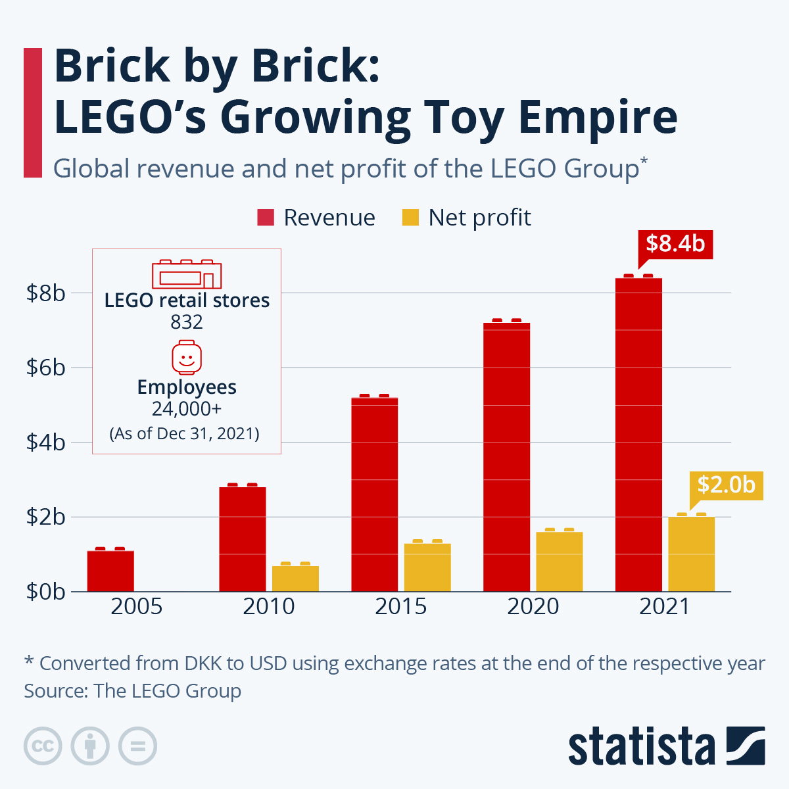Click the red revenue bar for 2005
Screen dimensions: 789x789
(x=110, y=571)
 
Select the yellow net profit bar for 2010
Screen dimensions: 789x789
(x=295, y=579)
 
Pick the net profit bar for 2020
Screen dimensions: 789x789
(x=560, y=562)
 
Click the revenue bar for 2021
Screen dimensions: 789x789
(x=638, y=434)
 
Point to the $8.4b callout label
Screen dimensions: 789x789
(x=675, y=243)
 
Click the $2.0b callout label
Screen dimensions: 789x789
(x=726, y=485)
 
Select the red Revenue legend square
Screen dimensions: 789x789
(x=265, y=218)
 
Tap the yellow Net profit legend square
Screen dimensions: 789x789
(x=410, y=218)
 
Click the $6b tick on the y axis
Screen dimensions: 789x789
(x=46, y=368)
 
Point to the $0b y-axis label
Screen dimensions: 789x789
(x=46, y=591)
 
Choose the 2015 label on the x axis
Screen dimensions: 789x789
(x=400, y=606)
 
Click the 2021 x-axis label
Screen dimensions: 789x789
(x=665, y=606)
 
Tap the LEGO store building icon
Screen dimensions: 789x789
(x=187, y=274)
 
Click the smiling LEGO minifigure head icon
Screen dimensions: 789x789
(x=187, y=358)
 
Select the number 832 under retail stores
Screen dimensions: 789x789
(x=187, y=322)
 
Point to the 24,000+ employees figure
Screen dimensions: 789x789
(x=187, y=409)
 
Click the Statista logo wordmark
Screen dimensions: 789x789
(x=641, y=747)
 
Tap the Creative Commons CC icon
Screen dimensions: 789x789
(x=43, y=746)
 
